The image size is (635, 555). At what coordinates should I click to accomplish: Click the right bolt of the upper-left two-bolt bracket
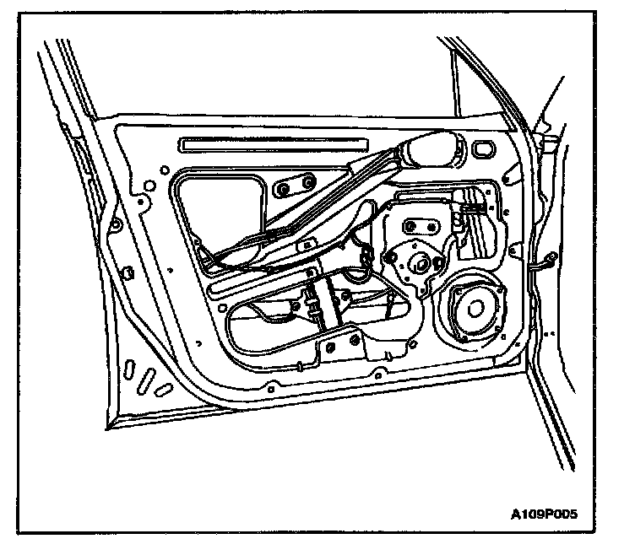307,183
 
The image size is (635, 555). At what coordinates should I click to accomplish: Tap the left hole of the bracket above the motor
411,226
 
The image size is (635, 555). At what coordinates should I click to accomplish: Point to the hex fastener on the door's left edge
126,272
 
